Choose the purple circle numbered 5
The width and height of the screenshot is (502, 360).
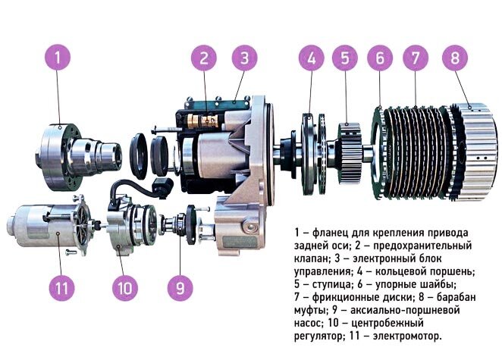(345, 58)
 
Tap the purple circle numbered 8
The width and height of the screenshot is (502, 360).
(454, 58)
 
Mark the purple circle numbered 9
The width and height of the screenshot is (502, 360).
(178, 287)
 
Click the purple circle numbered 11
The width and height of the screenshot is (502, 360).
(62, 287)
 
